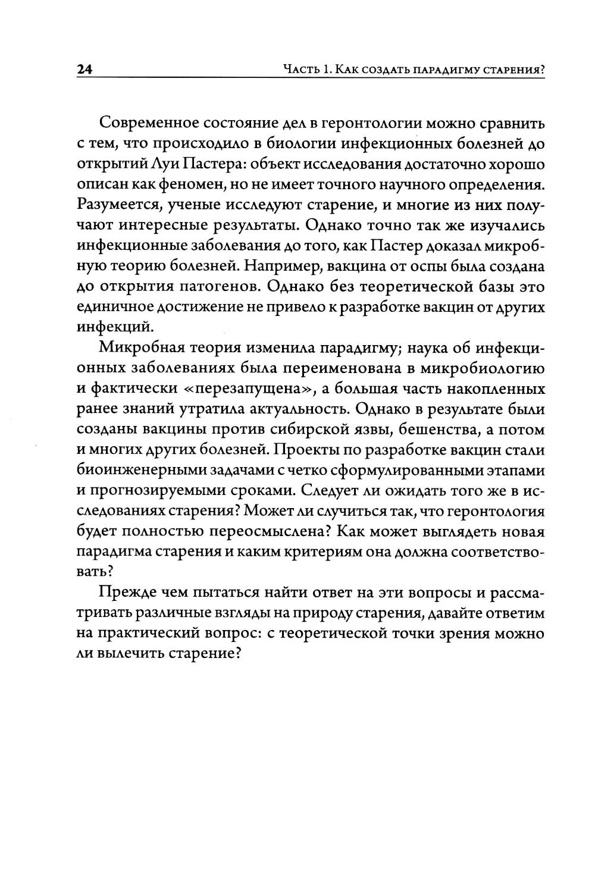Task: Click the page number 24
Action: (84, 70)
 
